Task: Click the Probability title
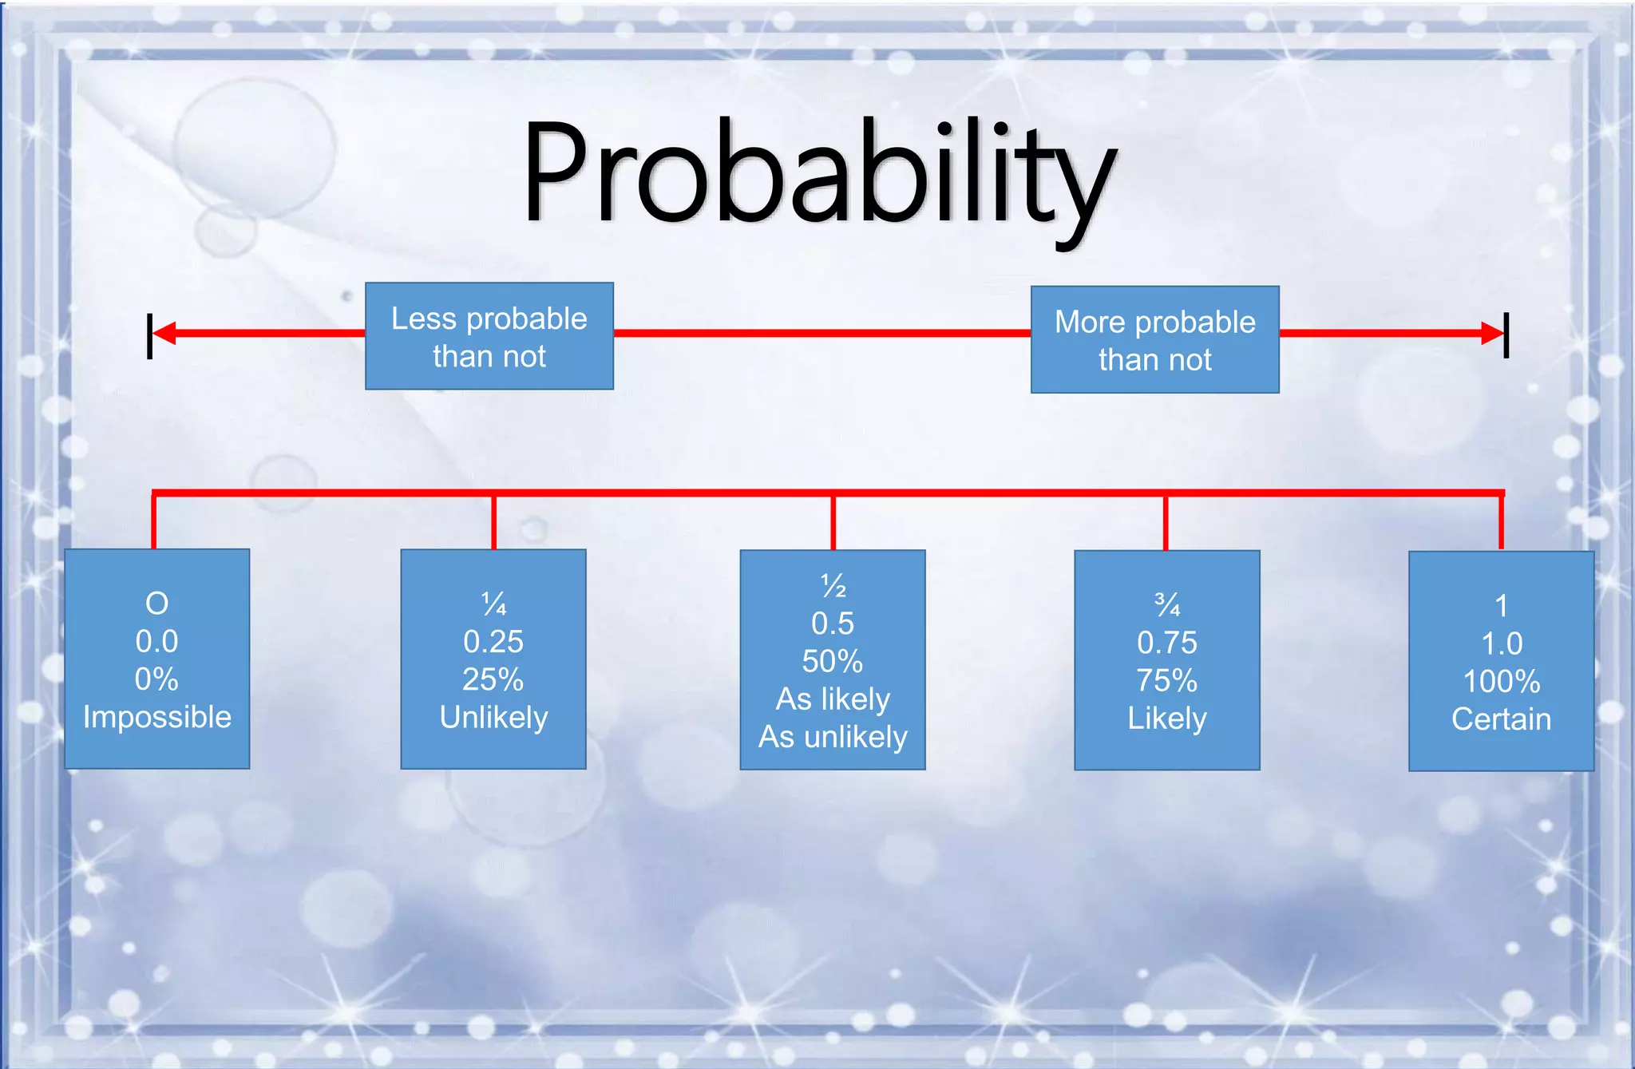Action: tap(818, 172)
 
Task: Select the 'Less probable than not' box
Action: tap(489, 336)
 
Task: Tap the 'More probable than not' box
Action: tap(1154, 339)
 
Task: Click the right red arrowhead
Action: tap(1491, 333)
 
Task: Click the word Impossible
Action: tap(157, 717)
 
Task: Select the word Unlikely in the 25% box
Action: tap(493, 717)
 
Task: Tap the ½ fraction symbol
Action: tap(833, 586)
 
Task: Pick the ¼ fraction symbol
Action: tap(493, 604)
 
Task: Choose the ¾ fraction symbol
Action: tap(1167, 605)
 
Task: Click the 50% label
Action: tap(833, 661)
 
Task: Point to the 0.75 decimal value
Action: tap(1167, 643)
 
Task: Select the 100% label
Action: tap(1501, 681)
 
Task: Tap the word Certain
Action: tap(1501, 719)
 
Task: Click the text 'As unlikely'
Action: tap(833, 737)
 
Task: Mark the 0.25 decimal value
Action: tap(493, 642)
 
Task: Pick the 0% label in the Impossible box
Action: tap(156, 679)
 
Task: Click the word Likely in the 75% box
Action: tap(1167, 719)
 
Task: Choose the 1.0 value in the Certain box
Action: tap(1502, 643)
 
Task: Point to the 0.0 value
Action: tap(156, 641)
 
